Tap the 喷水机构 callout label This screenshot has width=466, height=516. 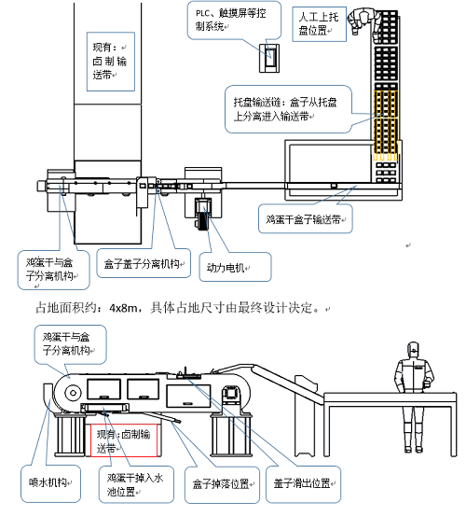pos(44,483)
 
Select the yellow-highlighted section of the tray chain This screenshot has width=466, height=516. pos(386,122)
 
